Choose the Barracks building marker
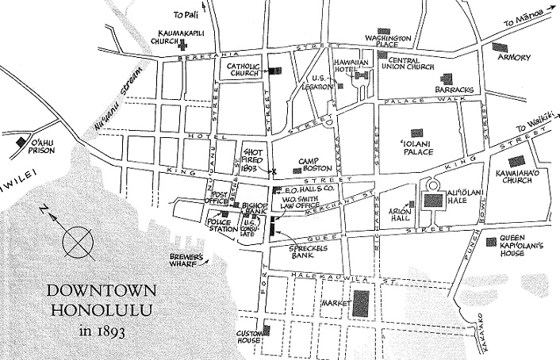447,79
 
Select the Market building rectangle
362,303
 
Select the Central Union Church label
423,63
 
